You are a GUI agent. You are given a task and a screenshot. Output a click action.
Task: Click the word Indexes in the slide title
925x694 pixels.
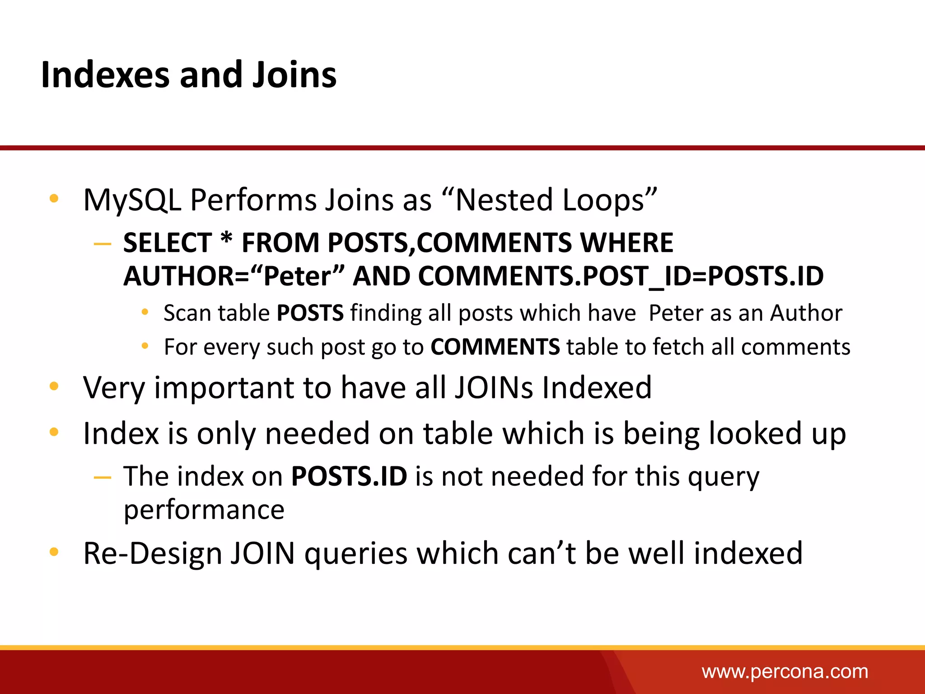point(105,75)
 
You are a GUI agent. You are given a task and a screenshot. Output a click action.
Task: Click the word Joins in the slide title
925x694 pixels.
point(294,75)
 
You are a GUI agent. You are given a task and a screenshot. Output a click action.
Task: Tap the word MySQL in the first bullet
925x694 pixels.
point(132,200)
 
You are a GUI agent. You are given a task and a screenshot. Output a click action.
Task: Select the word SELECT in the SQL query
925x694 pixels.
point(168,243)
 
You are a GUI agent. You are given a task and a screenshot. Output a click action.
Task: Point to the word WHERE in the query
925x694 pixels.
point(626,243)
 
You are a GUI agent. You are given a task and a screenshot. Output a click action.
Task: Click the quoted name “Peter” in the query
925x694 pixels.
point(298,276)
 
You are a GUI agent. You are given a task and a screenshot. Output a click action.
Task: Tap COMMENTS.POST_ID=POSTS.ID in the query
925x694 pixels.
point(621,276)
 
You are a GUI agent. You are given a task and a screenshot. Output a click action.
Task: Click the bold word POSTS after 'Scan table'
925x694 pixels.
point(310,313)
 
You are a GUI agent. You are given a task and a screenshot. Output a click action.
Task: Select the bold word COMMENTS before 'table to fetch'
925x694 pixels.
point(495,347)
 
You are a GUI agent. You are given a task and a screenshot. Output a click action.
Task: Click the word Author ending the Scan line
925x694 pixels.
point(806,313)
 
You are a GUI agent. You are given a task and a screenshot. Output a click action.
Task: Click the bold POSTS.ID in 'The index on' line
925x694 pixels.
point(349,476)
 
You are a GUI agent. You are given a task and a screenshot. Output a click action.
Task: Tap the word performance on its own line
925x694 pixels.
point(204,511)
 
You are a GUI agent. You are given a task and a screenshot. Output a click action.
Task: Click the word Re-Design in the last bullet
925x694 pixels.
point(153,553)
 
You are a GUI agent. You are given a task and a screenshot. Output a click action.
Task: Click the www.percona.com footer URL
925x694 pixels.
point(785,672)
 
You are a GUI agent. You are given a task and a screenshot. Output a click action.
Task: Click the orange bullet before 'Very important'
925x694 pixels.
point(54,386)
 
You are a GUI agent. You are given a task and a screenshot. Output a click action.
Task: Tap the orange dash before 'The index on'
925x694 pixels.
point(103,477)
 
